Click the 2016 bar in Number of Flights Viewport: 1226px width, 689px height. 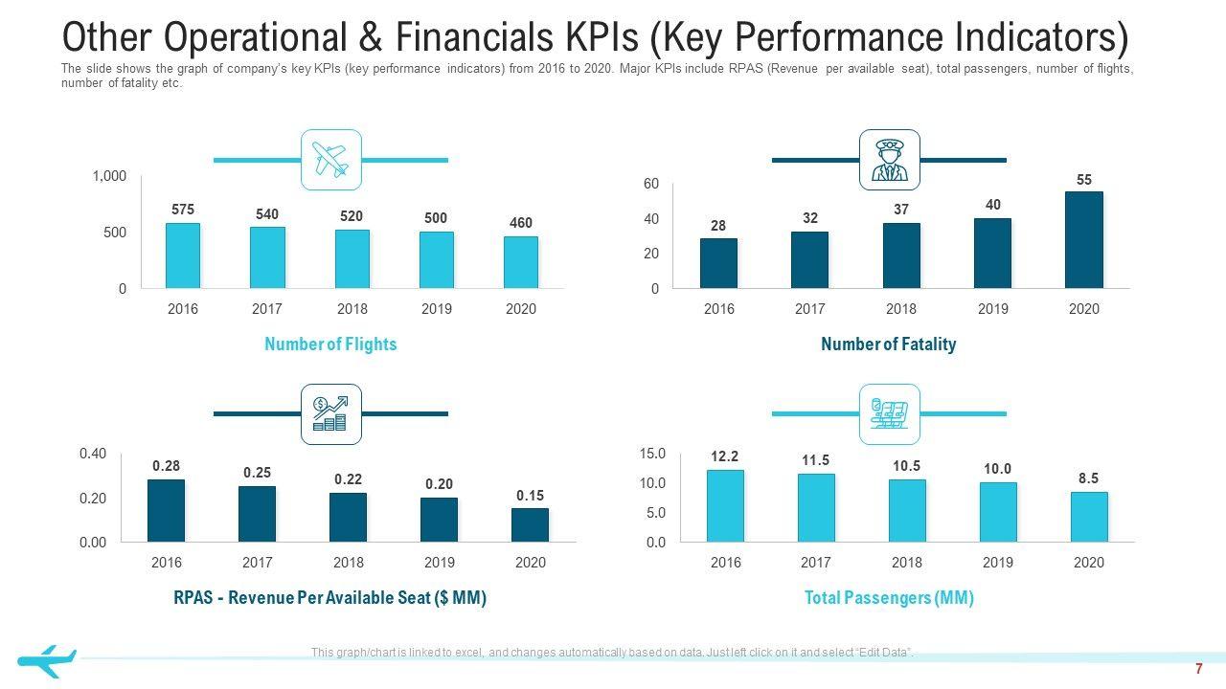(x=183, y=256)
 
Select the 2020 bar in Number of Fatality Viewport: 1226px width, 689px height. (x=1084, y=239)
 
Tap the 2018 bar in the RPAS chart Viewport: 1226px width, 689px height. (x=348, y=517)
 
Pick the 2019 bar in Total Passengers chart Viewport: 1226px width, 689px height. (x=998, y=512)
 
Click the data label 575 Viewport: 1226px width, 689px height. (x=183, y=210)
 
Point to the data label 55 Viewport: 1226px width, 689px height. (x=1084, y=180)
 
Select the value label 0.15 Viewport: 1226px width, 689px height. (x=530, y=496)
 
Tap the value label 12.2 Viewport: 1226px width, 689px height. (x=725, y=456)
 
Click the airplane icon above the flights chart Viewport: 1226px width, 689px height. (x=331, y=160)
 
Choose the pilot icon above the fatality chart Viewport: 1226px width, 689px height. (x=890, y=160)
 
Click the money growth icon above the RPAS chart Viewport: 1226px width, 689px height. (x=331, y=414)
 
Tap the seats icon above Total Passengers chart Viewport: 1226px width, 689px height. (x=890, y=414)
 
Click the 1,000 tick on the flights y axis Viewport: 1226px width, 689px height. (x=109, y=176)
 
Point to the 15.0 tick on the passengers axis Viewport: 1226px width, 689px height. (x=652, y=454)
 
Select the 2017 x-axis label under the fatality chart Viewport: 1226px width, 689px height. (x=809, y=309)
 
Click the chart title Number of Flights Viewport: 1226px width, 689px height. (x=330, y=344)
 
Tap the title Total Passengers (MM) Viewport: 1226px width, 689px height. (x=889, y=598)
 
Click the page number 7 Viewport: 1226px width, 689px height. (x=1198, y=669)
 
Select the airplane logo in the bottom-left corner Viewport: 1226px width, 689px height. (x=46, y=659)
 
